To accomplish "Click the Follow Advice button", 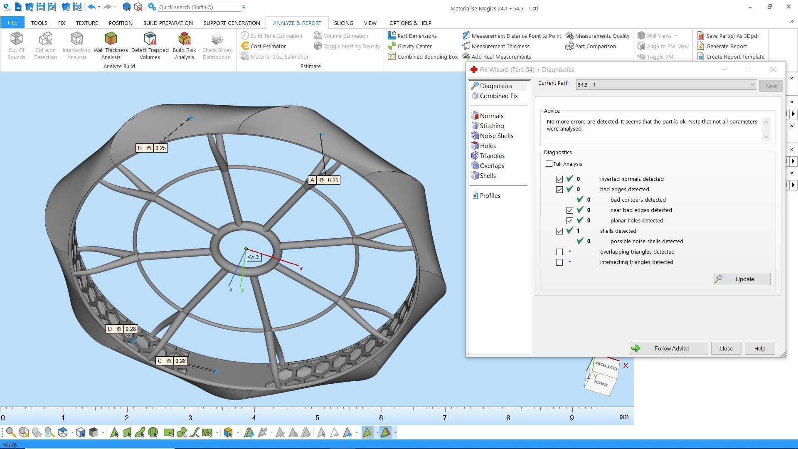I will tap(668, 348).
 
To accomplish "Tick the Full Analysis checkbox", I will tap(549, 164).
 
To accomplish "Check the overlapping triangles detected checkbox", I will tap(559, 252).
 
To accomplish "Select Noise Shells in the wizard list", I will tap(496, 136).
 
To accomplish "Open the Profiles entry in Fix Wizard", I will tap(490, 196).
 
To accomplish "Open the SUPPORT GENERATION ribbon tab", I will tap(232, 23).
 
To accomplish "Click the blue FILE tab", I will tap(12, 23).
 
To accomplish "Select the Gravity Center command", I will tap(414, 46).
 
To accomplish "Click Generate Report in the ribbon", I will tap(726, 46).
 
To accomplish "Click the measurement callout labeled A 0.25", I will tap(324, 180).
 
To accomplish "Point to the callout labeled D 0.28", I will tap(122, 329).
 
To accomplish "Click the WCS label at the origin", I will tap(254, 257).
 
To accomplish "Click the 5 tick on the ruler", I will tap(318, 418).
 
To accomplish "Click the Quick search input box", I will tap(199, 7).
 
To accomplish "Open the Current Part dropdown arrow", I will tap(752, 85).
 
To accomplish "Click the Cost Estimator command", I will tap(268, 46).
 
